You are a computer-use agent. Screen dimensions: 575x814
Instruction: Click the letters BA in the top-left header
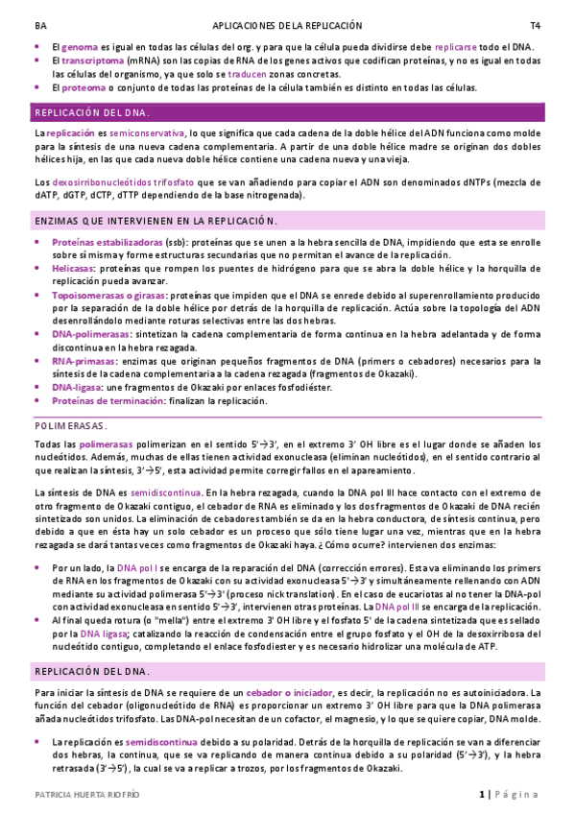39,25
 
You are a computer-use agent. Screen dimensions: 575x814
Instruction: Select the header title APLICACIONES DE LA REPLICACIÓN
287,25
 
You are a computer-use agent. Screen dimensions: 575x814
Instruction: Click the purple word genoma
81,46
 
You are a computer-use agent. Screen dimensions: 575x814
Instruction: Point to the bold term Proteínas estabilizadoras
107,243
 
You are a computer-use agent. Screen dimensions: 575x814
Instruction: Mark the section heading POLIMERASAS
71,424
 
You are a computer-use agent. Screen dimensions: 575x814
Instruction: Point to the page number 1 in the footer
483,794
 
